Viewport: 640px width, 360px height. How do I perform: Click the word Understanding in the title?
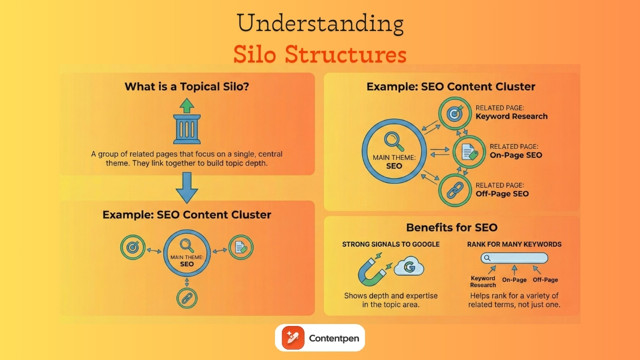click(x=320, y=24)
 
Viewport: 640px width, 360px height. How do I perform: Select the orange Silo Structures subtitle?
click(x=320, y=55)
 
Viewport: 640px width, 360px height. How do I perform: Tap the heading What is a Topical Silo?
click(x=187, y=86)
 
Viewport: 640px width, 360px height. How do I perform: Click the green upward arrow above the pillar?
click(x=186, y=105)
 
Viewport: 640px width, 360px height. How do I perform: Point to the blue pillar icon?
click(x=186, y=129)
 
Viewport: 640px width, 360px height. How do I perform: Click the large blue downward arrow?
click(x=187, y=187)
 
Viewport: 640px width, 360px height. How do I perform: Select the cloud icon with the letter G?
click(x=409, y=268)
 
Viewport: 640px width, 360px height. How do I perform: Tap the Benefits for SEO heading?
click(x=451, y=227)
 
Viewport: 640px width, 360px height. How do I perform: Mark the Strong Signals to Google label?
click(x=390, y=244)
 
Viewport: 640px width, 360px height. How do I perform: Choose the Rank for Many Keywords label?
click(x=514, y=244)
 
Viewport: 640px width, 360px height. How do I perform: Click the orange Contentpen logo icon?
click(x=293, y=338)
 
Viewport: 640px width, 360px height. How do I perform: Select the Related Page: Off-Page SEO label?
click(x=501, y=189)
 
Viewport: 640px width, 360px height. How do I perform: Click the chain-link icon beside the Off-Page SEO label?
click(x=454, y=190)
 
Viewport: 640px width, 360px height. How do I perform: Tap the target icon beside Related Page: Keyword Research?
click(x=454, y=113)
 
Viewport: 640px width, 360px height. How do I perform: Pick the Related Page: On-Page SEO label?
click(x=515, y=151)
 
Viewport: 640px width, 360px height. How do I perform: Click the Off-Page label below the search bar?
click(x=545, y=280)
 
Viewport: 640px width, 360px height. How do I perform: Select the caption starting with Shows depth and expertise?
click(x=390, y=300)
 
